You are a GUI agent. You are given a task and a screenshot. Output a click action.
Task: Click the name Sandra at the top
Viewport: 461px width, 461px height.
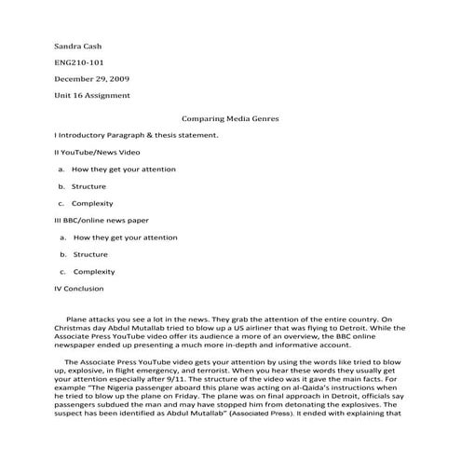[x=68, y=45]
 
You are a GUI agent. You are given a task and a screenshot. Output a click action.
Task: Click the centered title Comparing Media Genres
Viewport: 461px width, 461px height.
[x=230, y=119]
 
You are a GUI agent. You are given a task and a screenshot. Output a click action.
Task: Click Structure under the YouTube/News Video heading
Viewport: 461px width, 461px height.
[x=89, y=186]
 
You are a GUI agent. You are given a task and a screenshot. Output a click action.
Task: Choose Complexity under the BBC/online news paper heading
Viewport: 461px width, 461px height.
[x=94, y=271]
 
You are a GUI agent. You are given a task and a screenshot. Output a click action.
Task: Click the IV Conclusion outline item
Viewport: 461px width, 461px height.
[x=79, y=289]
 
